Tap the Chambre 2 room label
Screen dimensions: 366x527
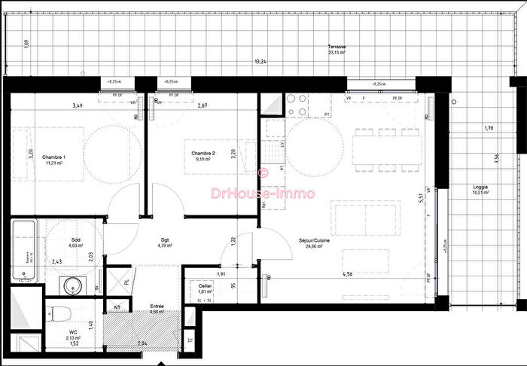(x=204, y=154)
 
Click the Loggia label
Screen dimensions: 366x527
(x=480, y=187)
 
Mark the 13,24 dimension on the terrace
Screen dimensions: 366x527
(x=260, y=62)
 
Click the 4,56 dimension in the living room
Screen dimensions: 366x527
(x=348, y=274)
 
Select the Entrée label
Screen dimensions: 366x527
(x=156, y=307)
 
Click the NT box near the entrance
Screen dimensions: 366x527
(x=117, y=306)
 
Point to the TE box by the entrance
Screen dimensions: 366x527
(x=189, y=340)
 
